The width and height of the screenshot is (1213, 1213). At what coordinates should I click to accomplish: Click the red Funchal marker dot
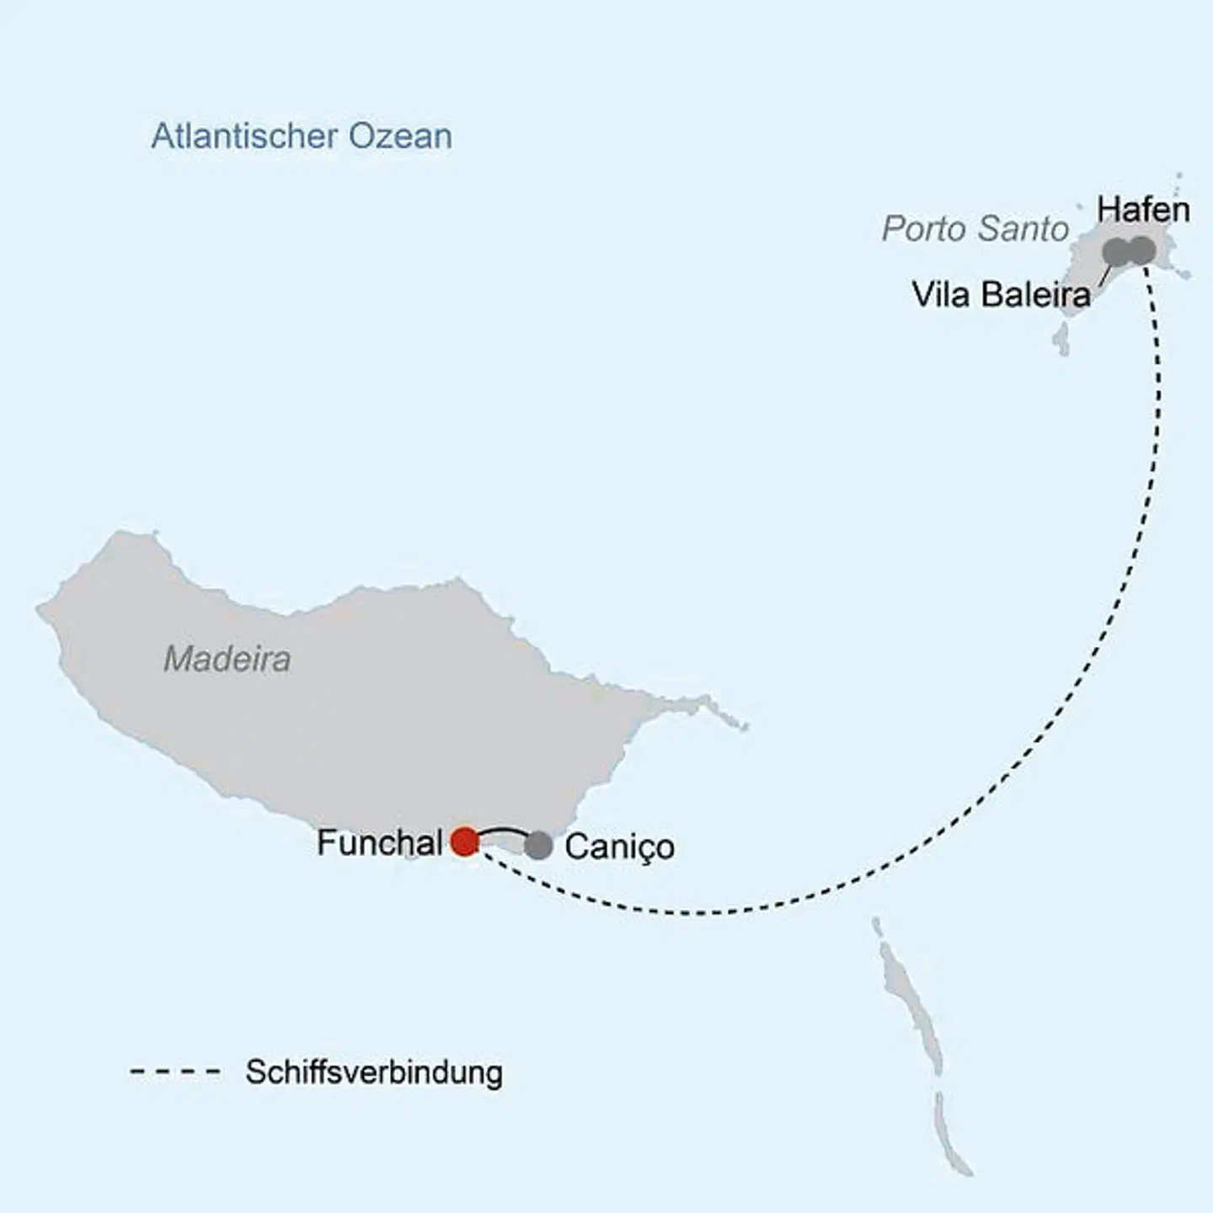pyautogui.click(x=464, y=841)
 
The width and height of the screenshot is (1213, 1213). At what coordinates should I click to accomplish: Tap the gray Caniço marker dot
pyautogui.click(x=538, y=846)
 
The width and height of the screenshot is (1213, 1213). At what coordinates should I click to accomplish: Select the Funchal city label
pyautogui.click(x=379, y=842)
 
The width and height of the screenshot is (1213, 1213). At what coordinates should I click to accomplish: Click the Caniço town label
pyautogui.click(x=619, y=847)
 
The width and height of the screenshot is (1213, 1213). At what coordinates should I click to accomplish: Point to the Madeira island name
pyautogui.click(x=227, y=659)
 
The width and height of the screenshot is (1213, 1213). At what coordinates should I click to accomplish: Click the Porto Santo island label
pyautogui.click(x=975, y=228)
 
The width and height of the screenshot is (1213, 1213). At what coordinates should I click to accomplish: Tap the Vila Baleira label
pyautogui.click(x=1001, y=295)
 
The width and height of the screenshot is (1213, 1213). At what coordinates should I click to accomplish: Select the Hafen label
pyautogui.click(x=1143, y=210)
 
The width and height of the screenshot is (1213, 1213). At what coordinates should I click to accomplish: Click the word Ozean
pyautogui.click(x=400, y=136)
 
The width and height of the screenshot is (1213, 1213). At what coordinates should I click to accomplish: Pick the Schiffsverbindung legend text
pyautogui.click(x=374, y=1072)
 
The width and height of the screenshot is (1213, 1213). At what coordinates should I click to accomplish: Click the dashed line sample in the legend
pyautogui.click(x=175, y=1072)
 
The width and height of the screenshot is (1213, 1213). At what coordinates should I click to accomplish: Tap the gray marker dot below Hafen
pyautogui.click(x=1141, y=249)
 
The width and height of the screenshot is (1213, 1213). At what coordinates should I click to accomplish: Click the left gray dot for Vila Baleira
pyautogui.click(x=1115, y=250)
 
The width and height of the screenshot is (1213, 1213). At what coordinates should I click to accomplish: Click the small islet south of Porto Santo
pyautogui.click(x=1061, y=339)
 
